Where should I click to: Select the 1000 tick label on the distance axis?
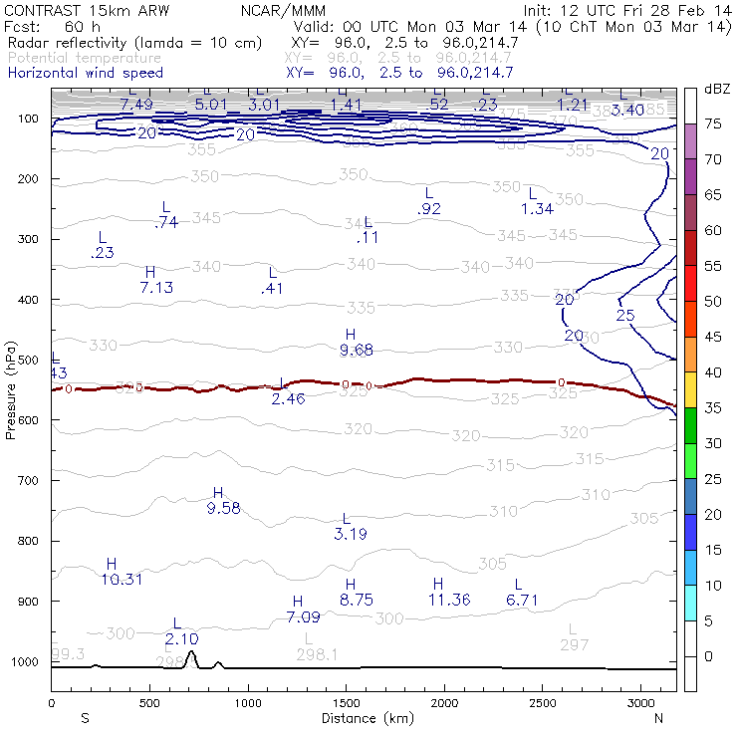click(x=248, y=703)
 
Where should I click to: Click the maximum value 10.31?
click(x=122, y=580)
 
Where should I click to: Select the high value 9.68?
click(x=356, y=350)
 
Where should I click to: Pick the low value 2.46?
click(x=288, y=398)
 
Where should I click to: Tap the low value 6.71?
click(x=522, y=600)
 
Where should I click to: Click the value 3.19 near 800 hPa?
click(x=348, y=534)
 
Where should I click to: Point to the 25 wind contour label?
click(x=625, y=316)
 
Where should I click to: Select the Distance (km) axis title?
click(x=363, y=718)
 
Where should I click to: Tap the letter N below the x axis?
click(x=657, y=718)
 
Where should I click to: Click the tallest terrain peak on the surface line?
click(x=191, y=653)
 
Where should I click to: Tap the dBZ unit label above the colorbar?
click(x=716, y=90)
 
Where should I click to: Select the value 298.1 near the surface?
click(x=317, y=654)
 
